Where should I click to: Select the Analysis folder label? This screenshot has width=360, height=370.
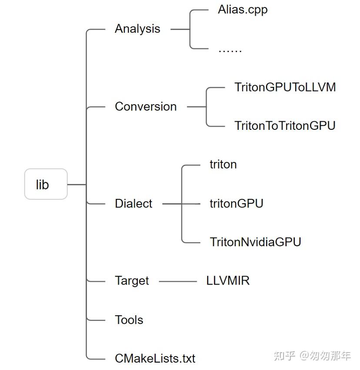click(137, 29)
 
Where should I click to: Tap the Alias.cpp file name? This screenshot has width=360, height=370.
click(242, 10)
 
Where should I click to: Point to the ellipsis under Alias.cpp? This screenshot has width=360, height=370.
click(230, 49)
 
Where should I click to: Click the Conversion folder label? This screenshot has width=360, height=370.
click(146, 107)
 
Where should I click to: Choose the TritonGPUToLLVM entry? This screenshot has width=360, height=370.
click(285, 87)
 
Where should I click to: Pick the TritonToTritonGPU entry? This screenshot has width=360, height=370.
click(285, 126)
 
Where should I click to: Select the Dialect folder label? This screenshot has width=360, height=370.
click(133, 204)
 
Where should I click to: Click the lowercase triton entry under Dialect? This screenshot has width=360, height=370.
click(223, 165)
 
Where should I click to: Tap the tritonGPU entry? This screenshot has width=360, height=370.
click(236, 203)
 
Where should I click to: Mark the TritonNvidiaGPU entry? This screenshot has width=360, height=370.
click(255, 242)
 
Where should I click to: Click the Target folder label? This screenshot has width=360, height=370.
click(132, 281)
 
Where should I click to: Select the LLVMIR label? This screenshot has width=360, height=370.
click(228, 281)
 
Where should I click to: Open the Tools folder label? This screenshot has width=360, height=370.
click(129, 320)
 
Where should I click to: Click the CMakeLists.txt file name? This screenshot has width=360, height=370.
click(155, 359)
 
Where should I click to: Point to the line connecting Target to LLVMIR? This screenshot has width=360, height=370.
click(178, 281)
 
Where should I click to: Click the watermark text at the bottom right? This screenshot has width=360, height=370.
click(312, 356)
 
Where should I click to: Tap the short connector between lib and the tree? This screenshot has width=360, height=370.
click(77, 185)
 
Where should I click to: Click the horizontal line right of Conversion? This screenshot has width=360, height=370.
click(197, 106)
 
